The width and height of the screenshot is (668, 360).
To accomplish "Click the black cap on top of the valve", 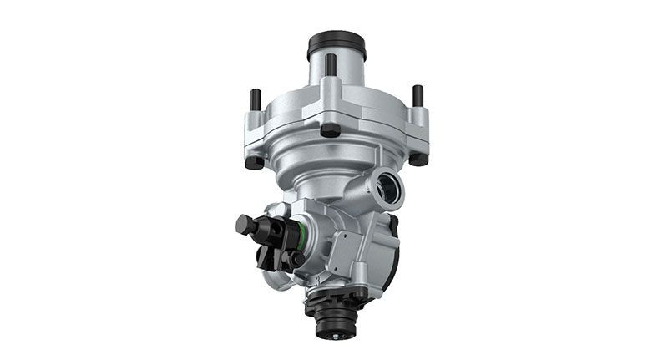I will (337, 43).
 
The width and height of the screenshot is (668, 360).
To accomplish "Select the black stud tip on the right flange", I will (417, 95).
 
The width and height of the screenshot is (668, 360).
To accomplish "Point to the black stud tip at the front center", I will (331, 65).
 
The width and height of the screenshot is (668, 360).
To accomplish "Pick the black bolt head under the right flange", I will (418, 159).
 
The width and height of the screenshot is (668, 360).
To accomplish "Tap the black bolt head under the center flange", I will (331, 130).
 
